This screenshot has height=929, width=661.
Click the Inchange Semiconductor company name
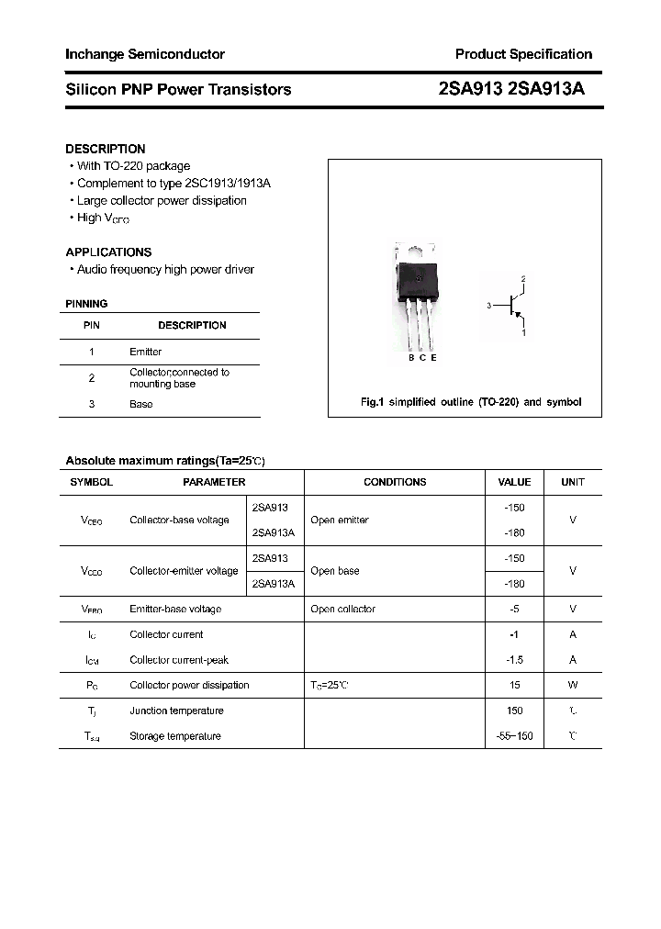144,54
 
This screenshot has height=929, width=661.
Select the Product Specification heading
523,54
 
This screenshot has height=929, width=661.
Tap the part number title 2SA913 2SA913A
512,89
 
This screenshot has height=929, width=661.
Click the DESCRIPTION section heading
105,149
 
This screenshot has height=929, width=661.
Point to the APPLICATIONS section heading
108,252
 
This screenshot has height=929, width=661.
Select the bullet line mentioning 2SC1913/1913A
173,183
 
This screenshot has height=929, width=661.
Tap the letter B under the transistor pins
411,358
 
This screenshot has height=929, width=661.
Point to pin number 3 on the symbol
489,305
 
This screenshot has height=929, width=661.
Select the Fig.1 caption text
469,402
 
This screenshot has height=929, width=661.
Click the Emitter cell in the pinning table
145,352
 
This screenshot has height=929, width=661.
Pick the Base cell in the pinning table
140,404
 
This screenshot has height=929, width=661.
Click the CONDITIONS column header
395,482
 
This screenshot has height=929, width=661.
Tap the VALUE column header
514,482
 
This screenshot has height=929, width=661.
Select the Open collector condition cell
342,609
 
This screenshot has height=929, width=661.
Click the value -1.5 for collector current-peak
514,659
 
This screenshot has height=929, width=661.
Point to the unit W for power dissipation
572,685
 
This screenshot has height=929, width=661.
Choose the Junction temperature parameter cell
176,711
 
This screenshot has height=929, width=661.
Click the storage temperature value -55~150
514,736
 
